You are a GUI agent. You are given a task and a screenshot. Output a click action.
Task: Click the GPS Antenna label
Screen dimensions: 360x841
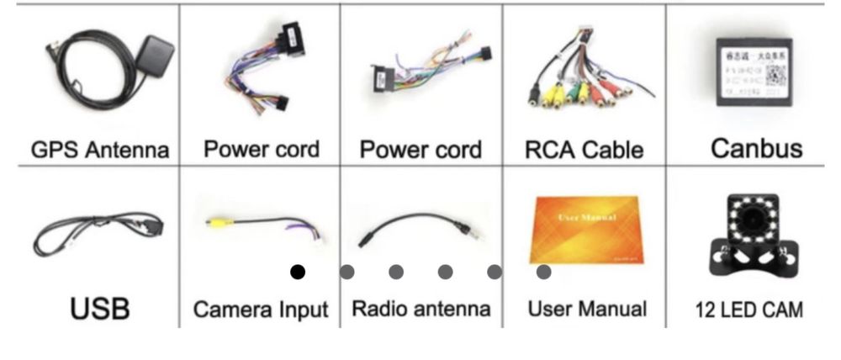tap(100, 150)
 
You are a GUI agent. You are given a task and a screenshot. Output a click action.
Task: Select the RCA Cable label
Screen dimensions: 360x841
tap(583, 150)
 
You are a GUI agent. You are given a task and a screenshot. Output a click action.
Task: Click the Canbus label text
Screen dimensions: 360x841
tap(756, 148)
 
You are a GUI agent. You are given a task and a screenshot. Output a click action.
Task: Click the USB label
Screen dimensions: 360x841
tap(100, 308)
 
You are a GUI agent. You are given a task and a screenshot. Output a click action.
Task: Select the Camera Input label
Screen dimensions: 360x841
tap(261, 309)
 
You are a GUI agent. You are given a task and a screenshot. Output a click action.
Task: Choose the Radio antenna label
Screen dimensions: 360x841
tap(420, 308)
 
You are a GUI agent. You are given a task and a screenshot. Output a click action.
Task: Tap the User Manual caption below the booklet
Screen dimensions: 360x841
tap(587, 308)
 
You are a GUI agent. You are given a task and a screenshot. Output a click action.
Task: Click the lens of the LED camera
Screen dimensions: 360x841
tap(748, 223)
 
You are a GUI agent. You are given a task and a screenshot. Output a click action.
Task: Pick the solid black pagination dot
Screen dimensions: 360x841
tap(297, 272)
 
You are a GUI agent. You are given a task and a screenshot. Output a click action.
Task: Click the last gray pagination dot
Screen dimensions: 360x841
tap(543, 272)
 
